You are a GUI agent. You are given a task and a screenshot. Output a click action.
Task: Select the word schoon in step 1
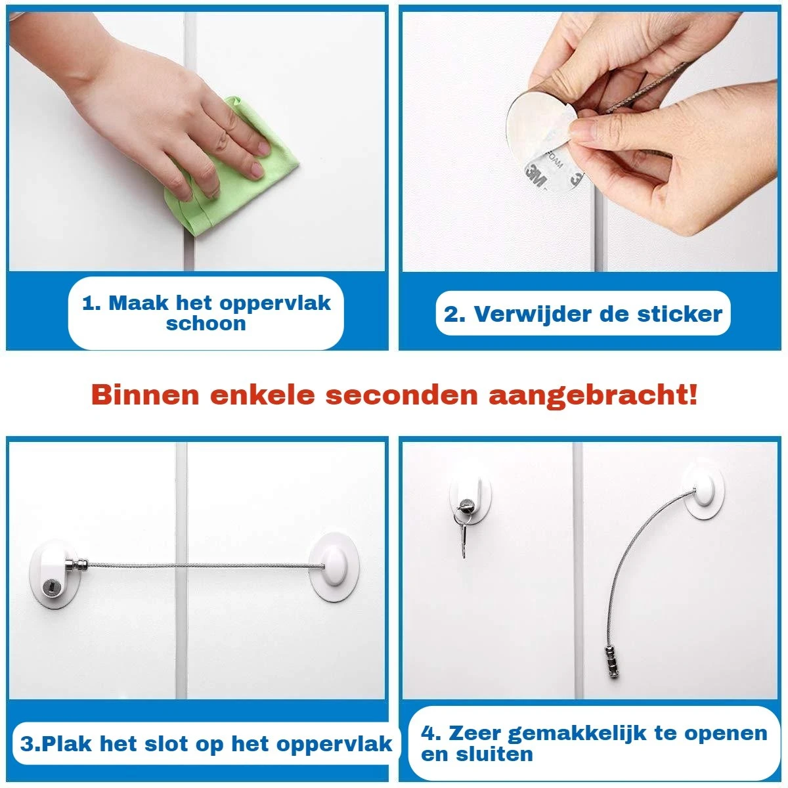pos(206,324)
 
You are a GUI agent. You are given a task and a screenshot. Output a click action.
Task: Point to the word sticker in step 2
pos(680,314)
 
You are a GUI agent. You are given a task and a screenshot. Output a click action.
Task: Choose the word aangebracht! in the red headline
pos(594,395)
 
